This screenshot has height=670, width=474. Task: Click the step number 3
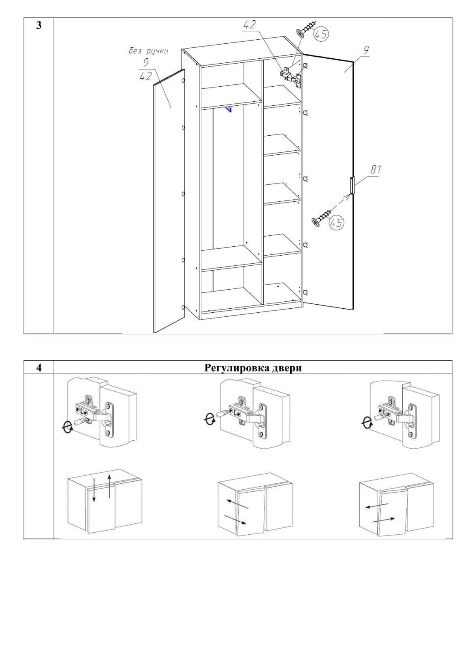pyautogui.click(x=39, y=26)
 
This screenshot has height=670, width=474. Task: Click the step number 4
pyautogui.click(x=39, y=367)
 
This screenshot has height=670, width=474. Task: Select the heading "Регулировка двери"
pyautogui.click(x=253, y=367)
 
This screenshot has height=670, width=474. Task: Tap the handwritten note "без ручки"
pyautogui.click(x=149, y=51)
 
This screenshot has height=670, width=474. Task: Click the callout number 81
pyautogui.click(x=376, y=170)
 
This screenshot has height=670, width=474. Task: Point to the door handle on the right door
pyautogui.click(x=352, y=186)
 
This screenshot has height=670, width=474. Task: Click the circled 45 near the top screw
pyautogui.click(x=320, y=34)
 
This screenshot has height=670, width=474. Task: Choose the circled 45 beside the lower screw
pyautogui.click(x=336, y=223)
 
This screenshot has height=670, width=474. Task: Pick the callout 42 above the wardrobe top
pyautogui.click(x=250, y=25)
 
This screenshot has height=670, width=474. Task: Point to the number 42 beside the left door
pyautogui.click(x=145, y=77)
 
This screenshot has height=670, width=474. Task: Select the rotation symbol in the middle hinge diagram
pyautogui.click(x=209, y=420)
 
